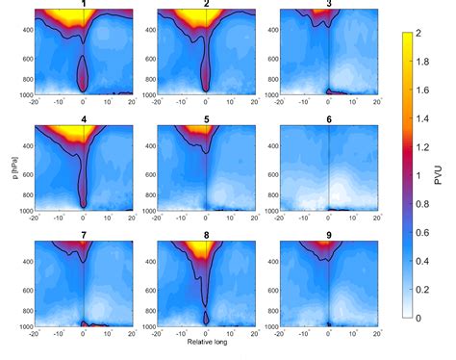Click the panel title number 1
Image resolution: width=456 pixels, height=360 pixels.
click(x=83, y=4)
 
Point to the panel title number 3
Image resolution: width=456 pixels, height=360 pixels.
click(x=329, y=4)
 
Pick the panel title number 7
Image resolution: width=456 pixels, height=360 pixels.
click(x=83, y=236)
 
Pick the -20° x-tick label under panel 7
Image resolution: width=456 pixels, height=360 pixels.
click(x=34, y=334)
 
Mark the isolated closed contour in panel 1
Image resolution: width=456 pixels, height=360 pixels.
click(x=83, y=71)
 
